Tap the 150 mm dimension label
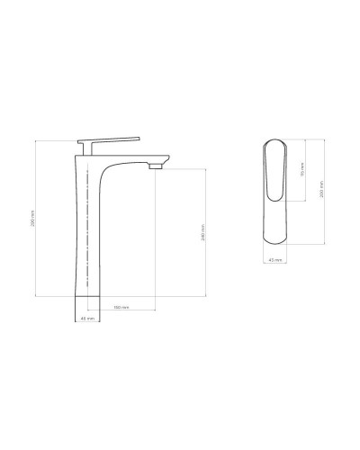point(119,308)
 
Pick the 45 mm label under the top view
point(276,259)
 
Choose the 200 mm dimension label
point(320,190)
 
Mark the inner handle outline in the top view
point(277,171)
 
